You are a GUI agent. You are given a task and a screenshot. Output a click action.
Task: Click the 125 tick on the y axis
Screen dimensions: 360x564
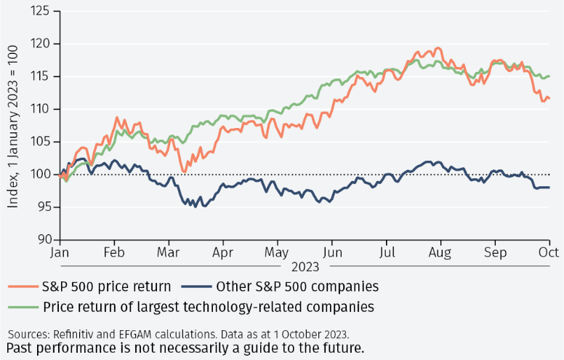pyautogui.click(x=42, y=11)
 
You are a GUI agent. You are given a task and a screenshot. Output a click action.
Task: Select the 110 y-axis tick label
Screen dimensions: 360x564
pyautogui.click(x=42, y=109)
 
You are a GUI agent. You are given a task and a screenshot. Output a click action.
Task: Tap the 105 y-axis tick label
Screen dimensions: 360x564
pyautogui.click(x=42, y=142)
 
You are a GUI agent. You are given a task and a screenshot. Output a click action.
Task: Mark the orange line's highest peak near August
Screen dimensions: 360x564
pyautogui.click(x=438, y=47)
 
